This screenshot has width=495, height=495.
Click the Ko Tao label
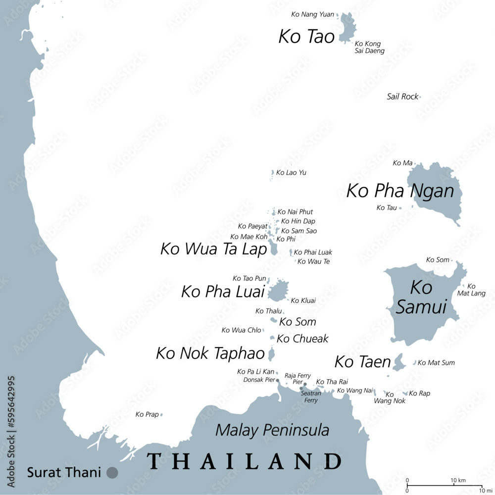coord(306,37)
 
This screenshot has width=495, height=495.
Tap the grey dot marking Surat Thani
coord(112,473)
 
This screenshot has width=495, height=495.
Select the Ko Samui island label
coord(421,297)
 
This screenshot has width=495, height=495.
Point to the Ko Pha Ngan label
coord(400,191)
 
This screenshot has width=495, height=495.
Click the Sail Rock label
coord(402,97)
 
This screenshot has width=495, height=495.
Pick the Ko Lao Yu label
coord(291,173)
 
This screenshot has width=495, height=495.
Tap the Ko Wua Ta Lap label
coord(213,249)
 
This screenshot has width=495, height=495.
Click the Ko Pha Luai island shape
coord(279,291)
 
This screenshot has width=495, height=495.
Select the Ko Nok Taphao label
coord(210,353)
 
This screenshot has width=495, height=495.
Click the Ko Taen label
coord(362,362)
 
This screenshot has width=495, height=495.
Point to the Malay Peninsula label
coord(272,430)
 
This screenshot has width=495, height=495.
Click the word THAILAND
coord(244,461)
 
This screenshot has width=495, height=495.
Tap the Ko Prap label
coord(147,414)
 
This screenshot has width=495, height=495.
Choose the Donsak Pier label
coord(259,380)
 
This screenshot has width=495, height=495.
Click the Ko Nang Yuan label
coord(312,15)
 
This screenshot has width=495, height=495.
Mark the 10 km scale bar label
coord(458,481)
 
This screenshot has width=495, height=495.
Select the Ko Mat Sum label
coord(436,363)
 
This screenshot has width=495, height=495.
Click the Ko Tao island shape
coord(347,27)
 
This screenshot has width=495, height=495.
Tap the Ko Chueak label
coord(302,339)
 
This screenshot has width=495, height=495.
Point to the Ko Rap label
coord(420,394)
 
